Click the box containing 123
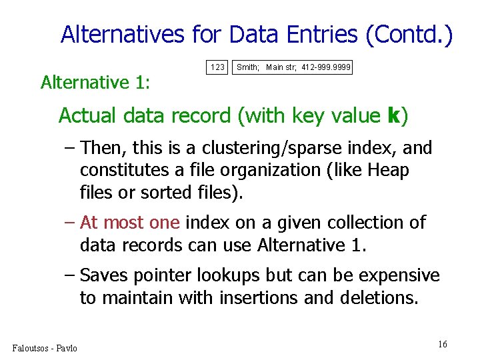point(218,67)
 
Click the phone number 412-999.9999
point(326,67)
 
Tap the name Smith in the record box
point(248,67)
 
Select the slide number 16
point(443,344)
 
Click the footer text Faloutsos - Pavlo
point(45,348)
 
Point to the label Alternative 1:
point(95,83)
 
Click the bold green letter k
point(393,116)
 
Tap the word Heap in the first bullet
point(386,171)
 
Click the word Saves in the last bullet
point(102,275)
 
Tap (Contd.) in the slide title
point(409,35)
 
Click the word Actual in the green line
point(85,116)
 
